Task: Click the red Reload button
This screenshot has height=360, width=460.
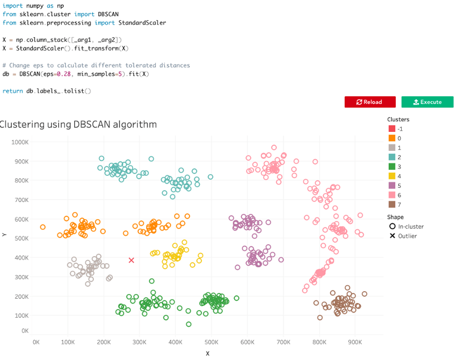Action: click(x=370, y=102)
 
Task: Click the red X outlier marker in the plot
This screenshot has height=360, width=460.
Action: click(x=131, y=260)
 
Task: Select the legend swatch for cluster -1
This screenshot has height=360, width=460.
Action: click(x=392, y=129)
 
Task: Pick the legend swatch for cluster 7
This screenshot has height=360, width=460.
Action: click(x=392, y=203)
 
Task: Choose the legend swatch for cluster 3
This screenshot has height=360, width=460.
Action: click(x=392, y=166)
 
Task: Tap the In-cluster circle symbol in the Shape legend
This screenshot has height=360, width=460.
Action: click(x=392, y=226)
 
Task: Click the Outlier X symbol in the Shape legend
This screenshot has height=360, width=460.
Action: click(x=392, y=236)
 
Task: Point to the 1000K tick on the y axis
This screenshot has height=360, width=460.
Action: click(x=20, y=143)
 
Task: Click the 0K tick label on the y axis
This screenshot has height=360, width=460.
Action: click(x=24, y=331)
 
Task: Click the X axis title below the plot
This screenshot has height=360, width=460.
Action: click(x=207, y=353)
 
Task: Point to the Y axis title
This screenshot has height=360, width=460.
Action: click(x=4, y=235)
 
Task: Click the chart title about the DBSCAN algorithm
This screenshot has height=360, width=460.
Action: click(x=78, y=124)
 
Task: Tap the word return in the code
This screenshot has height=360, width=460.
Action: click(x=12, y=90)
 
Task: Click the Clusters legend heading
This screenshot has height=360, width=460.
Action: click(x=398, y=119)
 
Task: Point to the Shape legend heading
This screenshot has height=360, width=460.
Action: click(x=395, y=217)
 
